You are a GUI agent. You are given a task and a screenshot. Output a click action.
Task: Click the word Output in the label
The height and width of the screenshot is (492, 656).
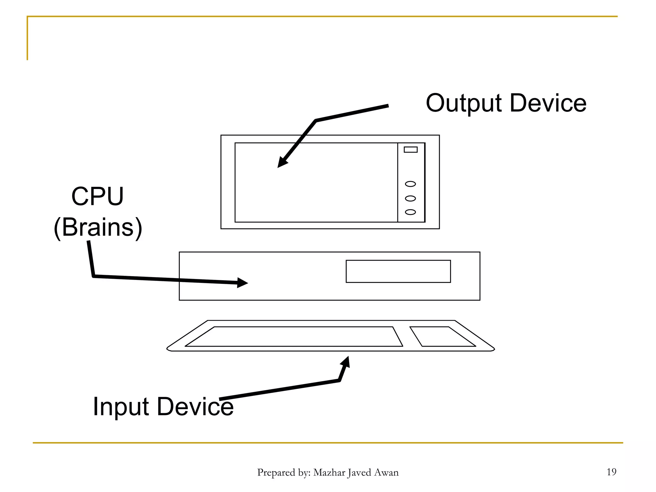pos(464,103)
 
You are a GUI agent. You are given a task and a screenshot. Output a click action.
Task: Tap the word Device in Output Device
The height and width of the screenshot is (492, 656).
pos(548,103)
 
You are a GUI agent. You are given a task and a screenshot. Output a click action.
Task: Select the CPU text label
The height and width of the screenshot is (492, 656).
pos(97,196)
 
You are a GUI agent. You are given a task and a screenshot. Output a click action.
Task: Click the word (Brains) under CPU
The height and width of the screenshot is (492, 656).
pos(98,227)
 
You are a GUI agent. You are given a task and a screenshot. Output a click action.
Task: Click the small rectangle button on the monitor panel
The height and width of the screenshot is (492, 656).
pos(411,150)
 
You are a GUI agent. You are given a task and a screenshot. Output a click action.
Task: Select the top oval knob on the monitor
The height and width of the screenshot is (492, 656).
pos(410,184)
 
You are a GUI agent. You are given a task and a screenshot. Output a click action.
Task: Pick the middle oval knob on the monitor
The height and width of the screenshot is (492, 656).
pos(410,199)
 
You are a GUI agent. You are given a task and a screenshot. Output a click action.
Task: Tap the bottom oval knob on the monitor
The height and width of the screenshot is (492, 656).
pos(410,212)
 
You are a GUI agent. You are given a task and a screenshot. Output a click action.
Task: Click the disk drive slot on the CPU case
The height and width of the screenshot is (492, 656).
pos(398,271)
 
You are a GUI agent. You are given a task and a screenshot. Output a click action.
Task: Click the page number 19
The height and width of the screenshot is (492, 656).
pos(611,472)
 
